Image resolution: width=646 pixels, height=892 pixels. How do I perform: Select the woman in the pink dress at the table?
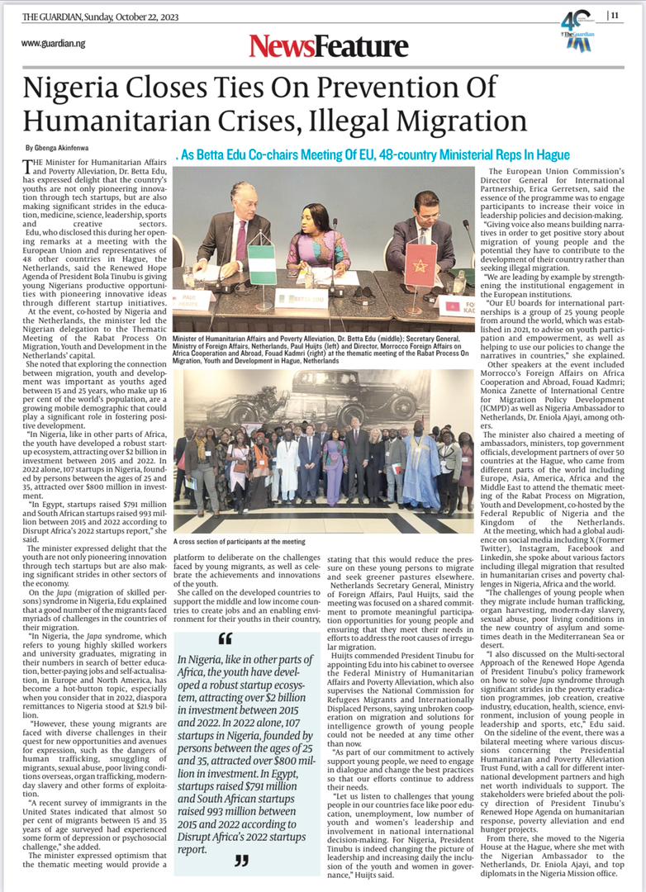click(318, 242)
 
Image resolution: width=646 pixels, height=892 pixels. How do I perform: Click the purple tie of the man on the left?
click(240, 244)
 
